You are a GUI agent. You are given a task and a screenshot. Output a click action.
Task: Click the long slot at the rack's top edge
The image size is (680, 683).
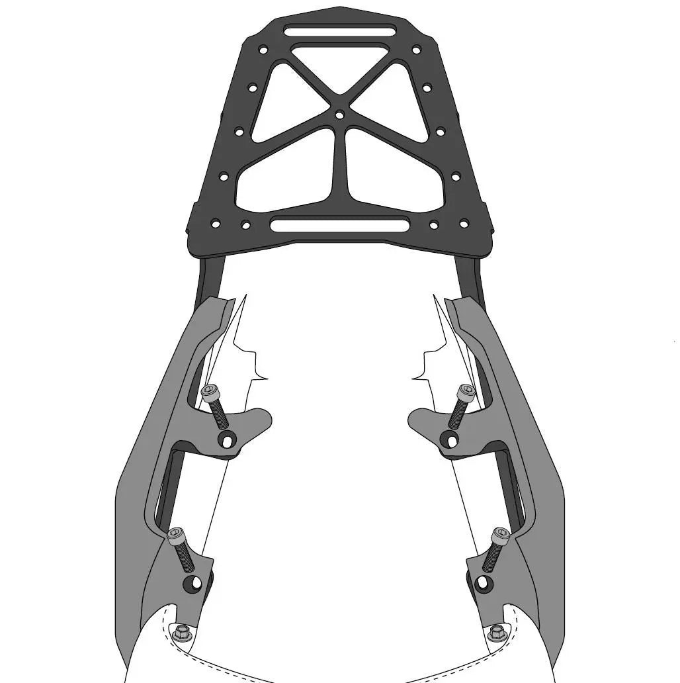[339, 30]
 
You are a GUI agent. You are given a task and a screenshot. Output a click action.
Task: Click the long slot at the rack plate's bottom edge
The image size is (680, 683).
[339, 224]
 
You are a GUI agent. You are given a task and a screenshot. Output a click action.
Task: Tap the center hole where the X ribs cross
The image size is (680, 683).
[339, 114]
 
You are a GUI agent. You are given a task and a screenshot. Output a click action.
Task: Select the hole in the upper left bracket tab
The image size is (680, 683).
[228, 437]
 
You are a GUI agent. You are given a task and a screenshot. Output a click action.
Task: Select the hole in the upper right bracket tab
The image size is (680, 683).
[450, 439]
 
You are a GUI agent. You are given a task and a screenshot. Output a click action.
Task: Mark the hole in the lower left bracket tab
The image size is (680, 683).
[194, 583]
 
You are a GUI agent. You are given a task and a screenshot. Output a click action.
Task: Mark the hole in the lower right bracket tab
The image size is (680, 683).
[484, 582]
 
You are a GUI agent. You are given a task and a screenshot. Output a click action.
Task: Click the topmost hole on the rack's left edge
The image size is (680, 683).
[263, 50]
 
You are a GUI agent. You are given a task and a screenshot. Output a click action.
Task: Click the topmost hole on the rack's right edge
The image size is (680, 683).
[416, 50]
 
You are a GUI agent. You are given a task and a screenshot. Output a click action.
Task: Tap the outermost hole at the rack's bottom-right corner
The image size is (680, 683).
[464, 224]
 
